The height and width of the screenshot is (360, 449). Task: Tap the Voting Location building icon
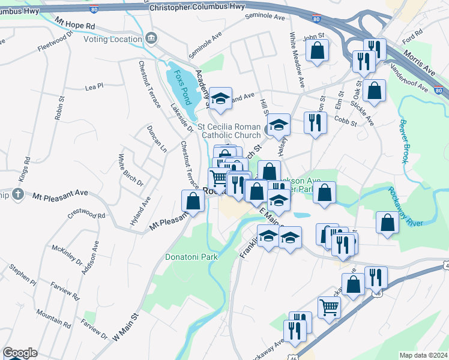[151, 39]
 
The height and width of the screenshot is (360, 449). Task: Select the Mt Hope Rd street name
[75, 23]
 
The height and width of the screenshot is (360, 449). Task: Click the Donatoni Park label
[191, 256]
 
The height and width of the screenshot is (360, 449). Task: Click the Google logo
[20, 353]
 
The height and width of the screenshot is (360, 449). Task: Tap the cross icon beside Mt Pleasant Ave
[19, 194]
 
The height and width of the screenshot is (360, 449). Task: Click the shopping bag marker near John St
[317, 51]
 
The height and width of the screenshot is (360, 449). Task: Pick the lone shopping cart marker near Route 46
[329, 308]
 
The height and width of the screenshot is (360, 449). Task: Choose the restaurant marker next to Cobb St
[315, 123]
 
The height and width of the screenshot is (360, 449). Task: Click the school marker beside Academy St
[220, 99]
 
